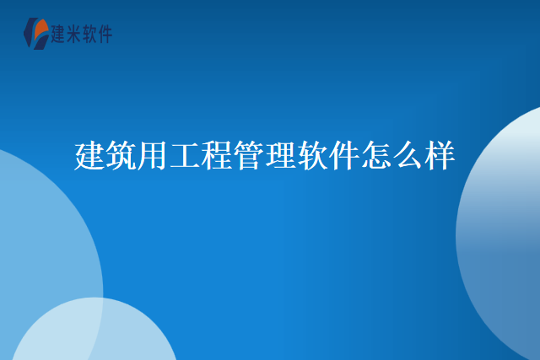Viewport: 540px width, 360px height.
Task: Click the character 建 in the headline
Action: point(90,156)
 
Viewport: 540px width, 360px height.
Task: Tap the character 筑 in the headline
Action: point(122,156)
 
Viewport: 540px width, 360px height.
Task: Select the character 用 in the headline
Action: point(154,156)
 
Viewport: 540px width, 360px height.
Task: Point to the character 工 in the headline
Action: point(186,156)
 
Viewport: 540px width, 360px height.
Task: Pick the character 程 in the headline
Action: point(218,156)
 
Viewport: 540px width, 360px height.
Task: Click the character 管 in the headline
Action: point(249,156)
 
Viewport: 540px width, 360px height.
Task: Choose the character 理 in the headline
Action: point(281,156)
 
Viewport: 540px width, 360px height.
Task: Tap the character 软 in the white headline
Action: point(313,156)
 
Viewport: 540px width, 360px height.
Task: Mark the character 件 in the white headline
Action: point(344,156)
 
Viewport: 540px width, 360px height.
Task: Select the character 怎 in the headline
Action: point(376,156)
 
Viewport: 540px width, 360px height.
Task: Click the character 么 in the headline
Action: point(408,156)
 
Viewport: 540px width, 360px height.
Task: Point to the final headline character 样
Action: point(440,156)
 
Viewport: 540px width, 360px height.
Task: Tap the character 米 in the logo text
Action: point(73,34)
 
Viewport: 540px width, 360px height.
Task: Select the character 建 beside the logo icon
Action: point(58,34)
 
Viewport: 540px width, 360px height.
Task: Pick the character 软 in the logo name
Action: point(89,34)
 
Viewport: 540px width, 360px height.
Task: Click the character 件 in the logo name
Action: point(104,34)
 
